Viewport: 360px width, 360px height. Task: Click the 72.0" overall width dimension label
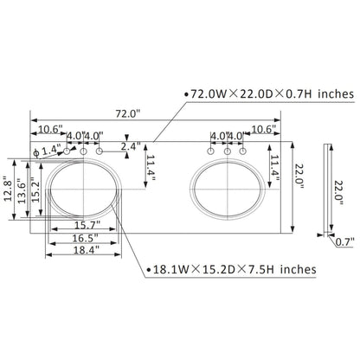click(128, 114)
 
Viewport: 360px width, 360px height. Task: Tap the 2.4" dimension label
click(130, 146)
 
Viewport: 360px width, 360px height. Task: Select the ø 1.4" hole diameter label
click(47, 151)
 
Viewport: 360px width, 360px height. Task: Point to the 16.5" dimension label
click(85, 238)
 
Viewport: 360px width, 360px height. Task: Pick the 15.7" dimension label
click(87, 225)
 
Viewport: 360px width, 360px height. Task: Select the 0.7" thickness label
click(344, 242)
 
